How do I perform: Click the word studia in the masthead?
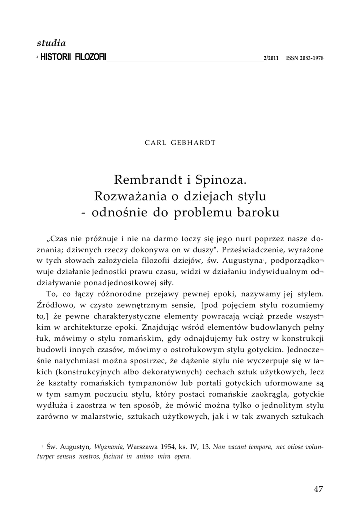51,44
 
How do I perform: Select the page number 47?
318,489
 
